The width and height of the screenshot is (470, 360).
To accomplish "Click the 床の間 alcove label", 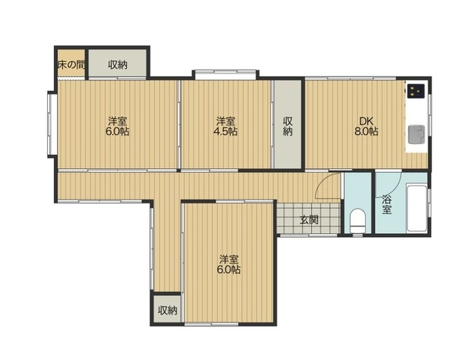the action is click(71, 64).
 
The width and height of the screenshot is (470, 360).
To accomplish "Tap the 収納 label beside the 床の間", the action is click(117, 65).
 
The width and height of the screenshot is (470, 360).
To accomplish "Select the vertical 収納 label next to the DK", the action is click(287, 126).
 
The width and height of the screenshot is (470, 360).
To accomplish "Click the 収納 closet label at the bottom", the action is click(168, 311).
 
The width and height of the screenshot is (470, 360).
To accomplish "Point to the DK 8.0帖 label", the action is click(367, 126).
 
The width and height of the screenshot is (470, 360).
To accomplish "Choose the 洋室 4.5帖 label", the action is click(226, 126).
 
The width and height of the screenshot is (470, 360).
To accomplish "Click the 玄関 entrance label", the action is click(309, 221).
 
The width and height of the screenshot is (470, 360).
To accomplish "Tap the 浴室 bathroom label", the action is click(387, 204).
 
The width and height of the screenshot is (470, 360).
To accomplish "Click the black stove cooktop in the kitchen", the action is click(416, 91).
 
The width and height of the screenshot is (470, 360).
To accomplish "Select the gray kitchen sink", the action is click(417, 134).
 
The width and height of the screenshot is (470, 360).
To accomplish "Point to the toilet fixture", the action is click(358, 221).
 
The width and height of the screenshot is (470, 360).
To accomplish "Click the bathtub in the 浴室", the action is click(417, 208).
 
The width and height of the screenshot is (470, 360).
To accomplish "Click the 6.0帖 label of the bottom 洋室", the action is click(229, 270).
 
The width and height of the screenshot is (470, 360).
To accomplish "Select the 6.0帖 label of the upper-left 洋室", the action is click(117, 131).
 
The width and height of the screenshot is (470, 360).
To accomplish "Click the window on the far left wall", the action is click(51, 124).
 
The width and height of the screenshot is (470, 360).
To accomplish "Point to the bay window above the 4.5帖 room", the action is click(226, 74).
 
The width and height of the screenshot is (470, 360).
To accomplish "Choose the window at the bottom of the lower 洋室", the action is click(211, 324).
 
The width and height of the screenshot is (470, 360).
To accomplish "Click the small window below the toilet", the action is click(357, 236).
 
